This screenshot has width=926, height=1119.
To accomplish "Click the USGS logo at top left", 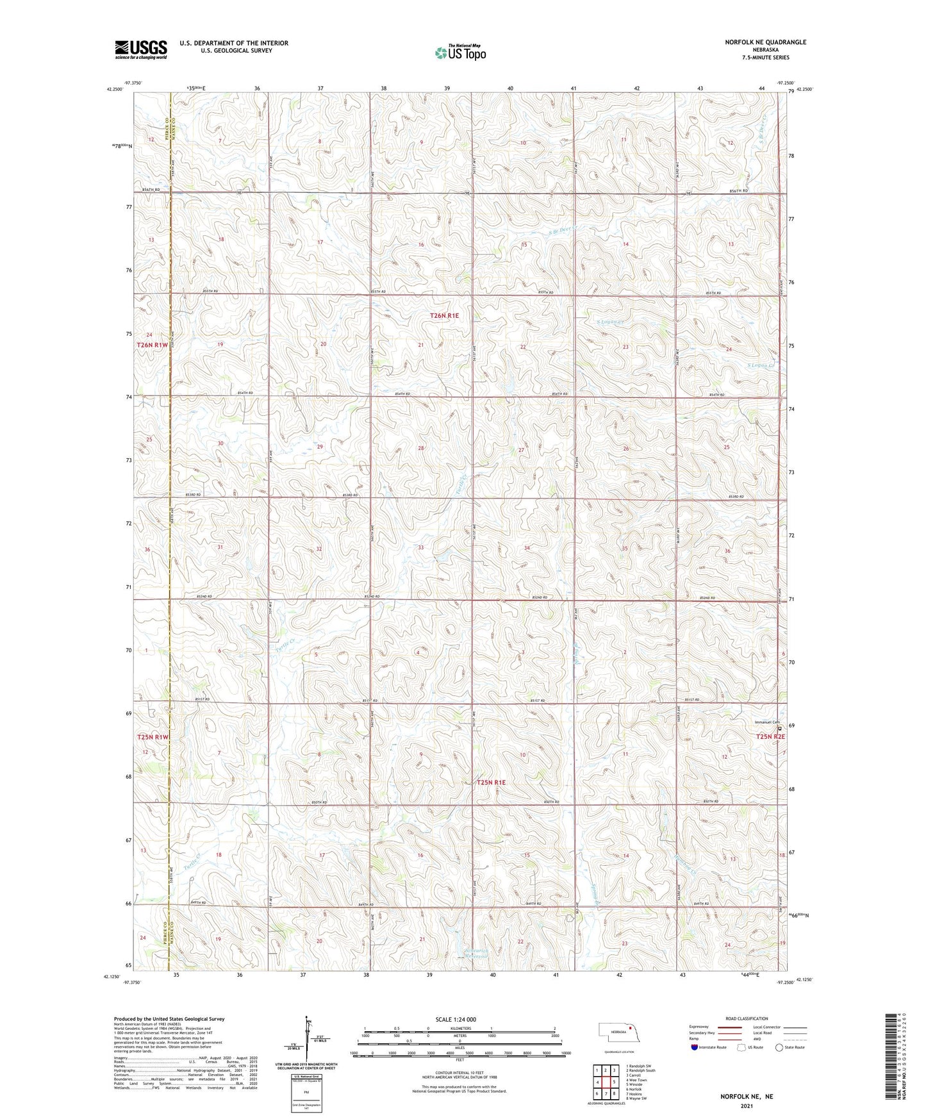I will click(x=140, y=49).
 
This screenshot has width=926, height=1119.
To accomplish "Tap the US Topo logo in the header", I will click(x=460, y=53).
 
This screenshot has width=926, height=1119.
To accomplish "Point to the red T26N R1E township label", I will click(x=444, y=315).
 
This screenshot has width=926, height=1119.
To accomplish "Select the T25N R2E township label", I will click(x=770, y=736).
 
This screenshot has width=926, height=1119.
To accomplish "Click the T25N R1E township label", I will click(x=492, y=783).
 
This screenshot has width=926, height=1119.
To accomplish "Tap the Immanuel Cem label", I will click(x=766, y=722).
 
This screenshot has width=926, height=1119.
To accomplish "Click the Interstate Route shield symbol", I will click(x=695, y=1047).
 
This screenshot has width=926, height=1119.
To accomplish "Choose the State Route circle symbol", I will click(x=779, y=1047).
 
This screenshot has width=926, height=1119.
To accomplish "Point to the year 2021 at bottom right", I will click(x=747, y=1106).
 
